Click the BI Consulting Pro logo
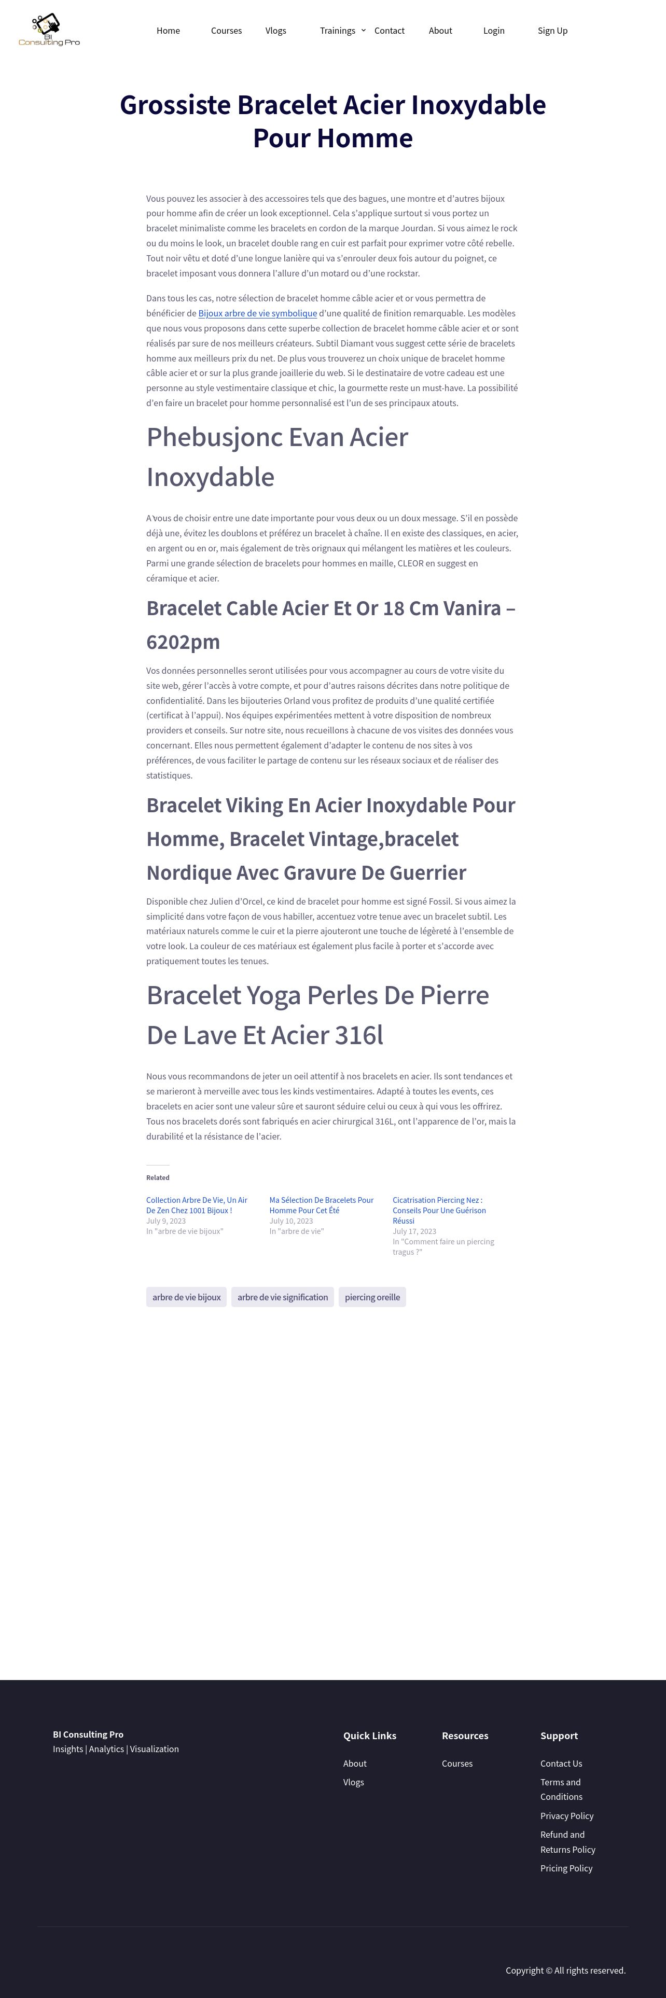49,30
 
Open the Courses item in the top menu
226,31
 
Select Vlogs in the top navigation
276,31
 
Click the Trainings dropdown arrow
364,30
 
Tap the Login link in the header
494,31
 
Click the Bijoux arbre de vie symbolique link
257,313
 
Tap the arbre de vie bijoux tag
186,1297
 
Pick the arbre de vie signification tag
282,1297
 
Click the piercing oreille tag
372,1297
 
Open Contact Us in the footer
561,1763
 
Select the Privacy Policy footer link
567,1816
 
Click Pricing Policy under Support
566,1868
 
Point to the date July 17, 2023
414,1231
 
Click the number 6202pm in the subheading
183,642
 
